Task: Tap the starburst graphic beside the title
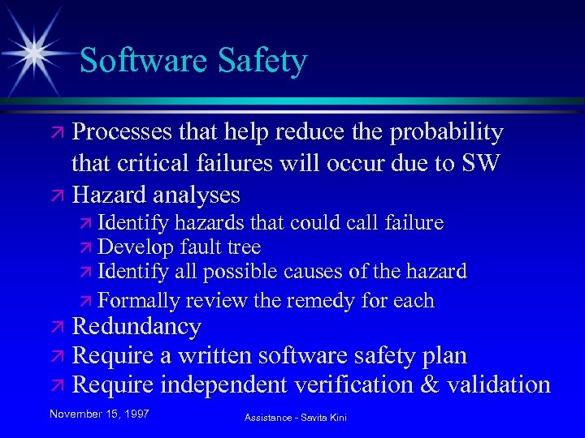pos(35,50)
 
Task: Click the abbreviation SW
pos(480,163)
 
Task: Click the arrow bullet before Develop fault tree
pos(86,248)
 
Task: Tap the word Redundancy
pos(136,327)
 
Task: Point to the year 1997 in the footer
pos(137,414)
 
